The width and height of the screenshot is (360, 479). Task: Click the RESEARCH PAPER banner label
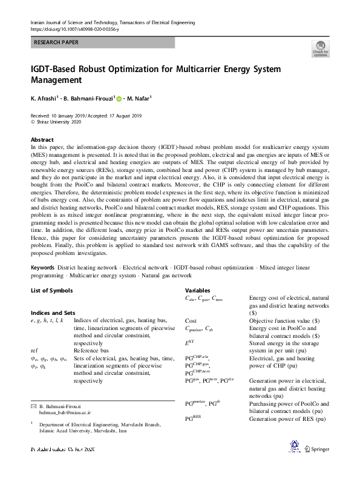(56, 42)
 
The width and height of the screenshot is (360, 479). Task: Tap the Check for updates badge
(320, 48)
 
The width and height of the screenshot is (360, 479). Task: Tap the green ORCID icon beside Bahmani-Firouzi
(119, 99)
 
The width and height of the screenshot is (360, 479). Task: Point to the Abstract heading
(42, 139)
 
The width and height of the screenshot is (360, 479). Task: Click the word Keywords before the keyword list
(46, 268)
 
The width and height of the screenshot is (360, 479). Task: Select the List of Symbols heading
(51, 291)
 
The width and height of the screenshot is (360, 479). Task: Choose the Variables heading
(198, 291)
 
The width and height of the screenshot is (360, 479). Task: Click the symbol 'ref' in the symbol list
(34, 349)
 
